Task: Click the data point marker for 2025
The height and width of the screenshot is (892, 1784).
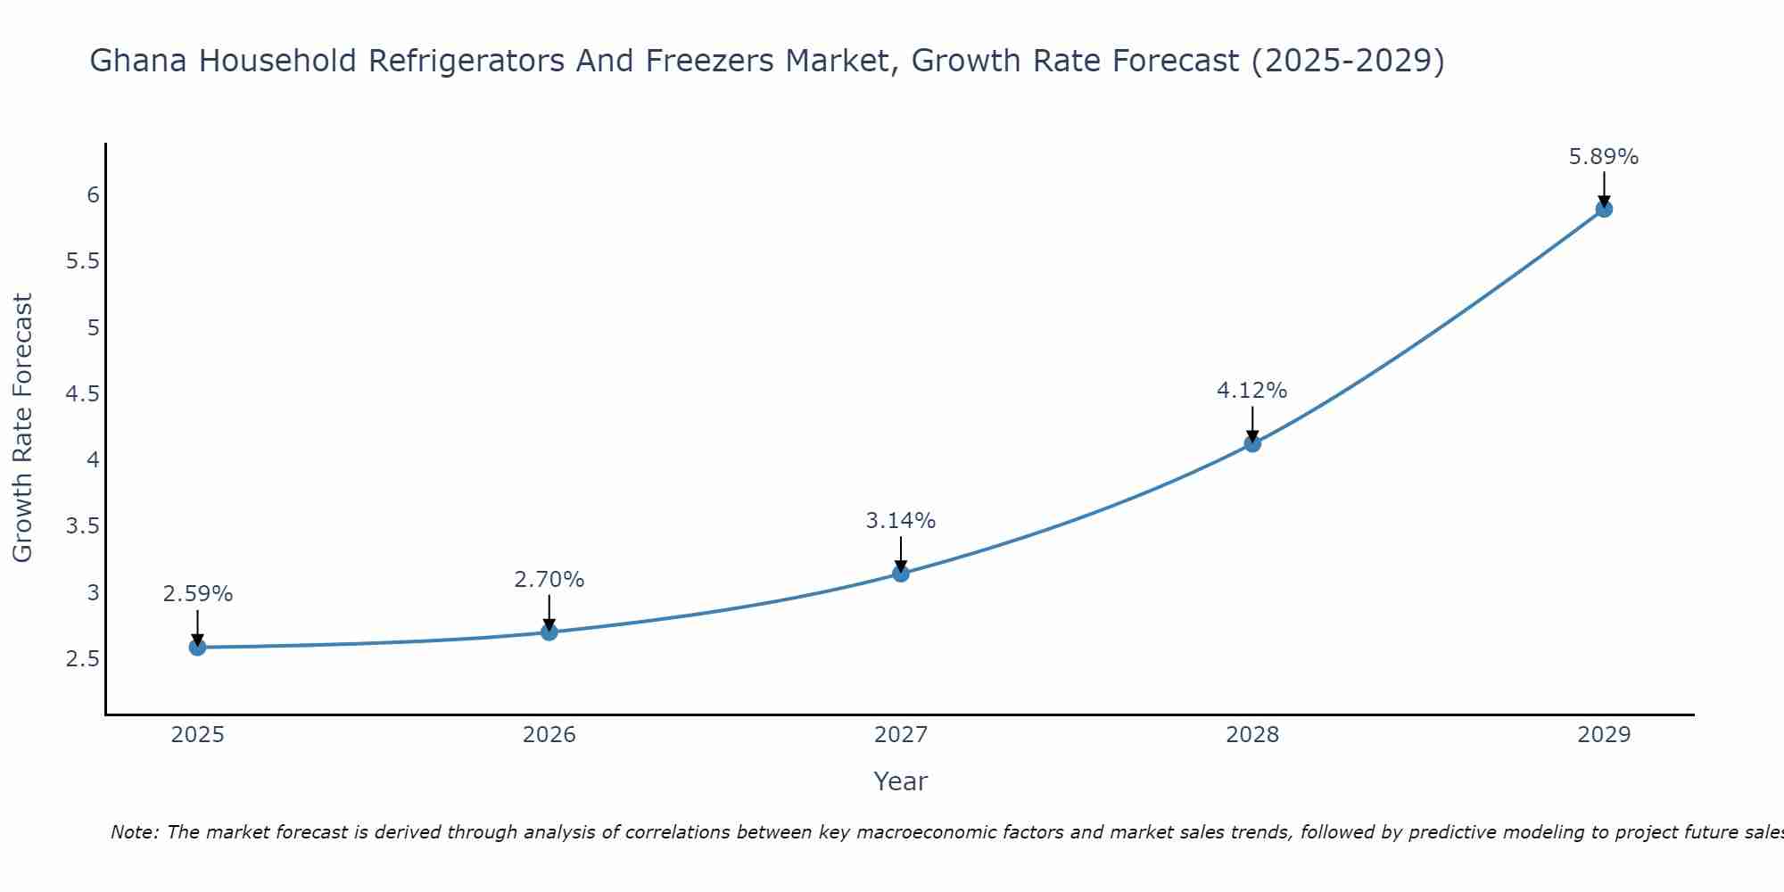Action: point(198,647)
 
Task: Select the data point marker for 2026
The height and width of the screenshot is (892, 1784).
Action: point(549,632)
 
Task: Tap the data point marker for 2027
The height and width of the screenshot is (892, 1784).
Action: point(901,574)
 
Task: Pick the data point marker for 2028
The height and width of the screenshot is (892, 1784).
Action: point(1252,443)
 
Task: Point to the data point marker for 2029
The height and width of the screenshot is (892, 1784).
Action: point(1604,209)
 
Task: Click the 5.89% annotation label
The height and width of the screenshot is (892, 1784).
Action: point(1604,157)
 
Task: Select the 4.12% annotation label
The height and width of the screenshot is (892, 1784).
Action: point(1252,391)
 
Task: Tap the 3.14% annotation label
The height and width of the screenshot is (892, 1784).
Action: point(901,521)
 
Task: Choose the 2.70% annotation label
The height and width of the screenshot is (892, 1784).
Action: point(549,580)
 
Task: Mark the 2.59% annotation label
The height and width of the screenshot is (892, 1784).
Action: point(198,594)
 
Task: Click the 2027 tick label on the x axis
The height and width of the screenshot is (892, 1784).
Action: point(901,735)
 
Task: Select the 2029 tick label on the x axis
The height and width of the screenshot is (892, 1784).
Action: point(1604,735)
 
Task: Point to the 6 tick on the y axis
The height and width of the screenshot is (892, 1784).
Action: point(93,194)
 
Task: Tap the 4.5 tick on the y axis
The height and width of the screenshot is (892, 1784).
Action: point(83,393)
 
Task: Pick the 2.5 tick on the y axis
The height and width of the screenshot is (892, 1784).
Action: point(83,659)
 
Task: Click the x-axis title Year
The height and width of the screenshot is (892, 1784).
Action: point(901,781)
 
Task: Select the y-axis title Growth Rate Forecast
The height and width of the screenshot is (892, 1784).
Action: point(22,428)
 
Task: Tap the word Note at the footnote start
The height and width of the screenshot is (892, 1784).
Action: point(134,832)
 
